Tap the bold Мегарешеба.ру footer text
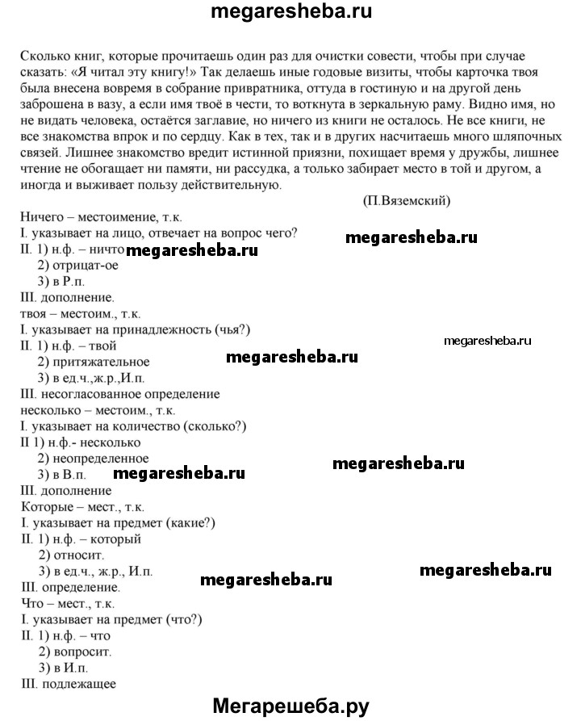pos(290,706)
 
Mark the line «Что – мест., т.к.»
pos(65,602)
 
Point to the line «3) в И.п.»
pos(62,667)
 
